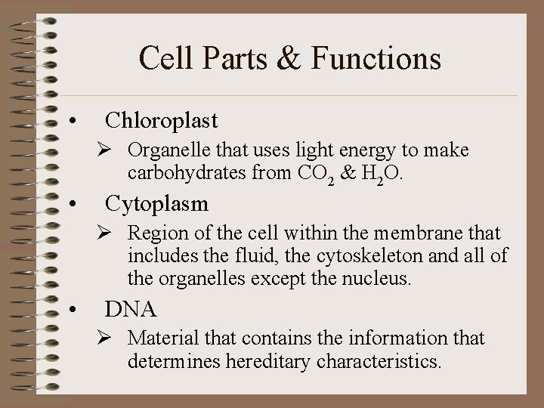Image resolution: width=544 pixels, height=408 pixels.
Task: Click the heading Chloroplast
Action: (162, 120)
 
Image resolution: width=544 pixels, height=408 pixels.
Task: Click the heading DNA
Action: (131, 308)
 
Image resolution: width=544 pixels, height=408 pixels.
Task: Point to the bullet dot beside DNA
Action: (71, 311)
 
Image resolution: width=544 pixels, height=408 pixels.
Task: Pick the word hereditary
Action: (265, 361)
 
